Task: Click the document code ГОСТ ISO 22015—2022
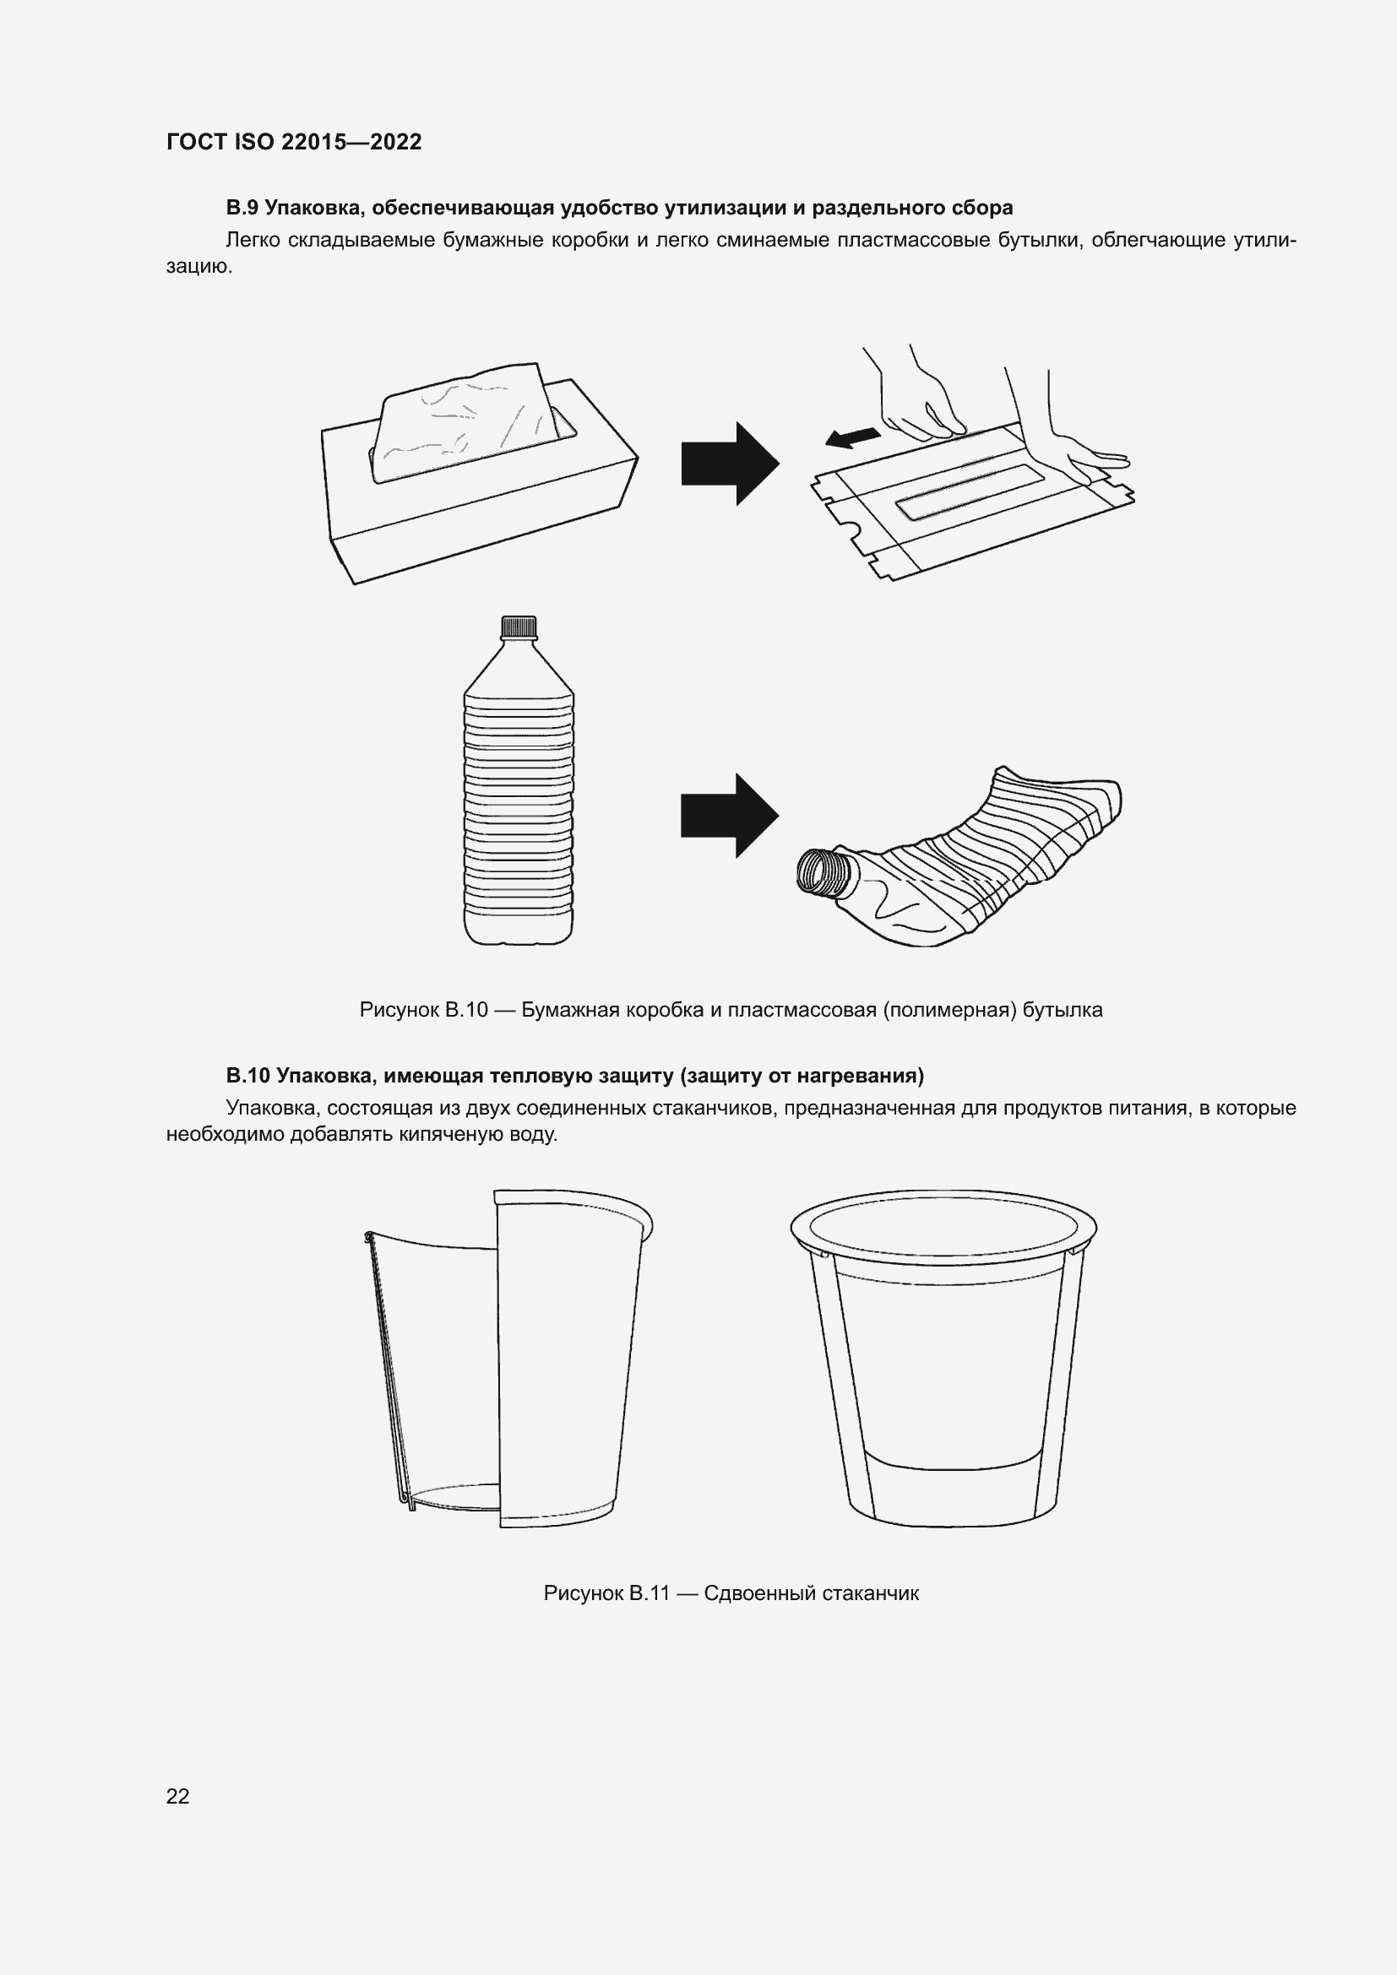[x=294, y=142]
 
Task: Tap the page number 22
[x=178, y=1795]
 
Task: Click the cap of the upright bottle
[x=518, y=627]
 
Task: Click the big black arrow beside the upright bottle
[x=730, y=815]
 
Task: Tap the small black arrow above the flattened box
[x=852, y=438]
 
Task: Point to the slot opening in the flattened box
[x=970, y=491]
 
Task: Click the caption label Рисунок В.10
[x=424, y=1010]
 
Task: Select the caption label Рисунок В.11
[x=606, y=1593]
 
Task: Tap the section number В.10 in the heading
[x=248, y=1075]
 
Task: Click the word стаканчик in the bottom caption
[x=871, y=1593]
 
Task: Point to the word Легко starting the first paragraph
[x=253, y=240]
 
